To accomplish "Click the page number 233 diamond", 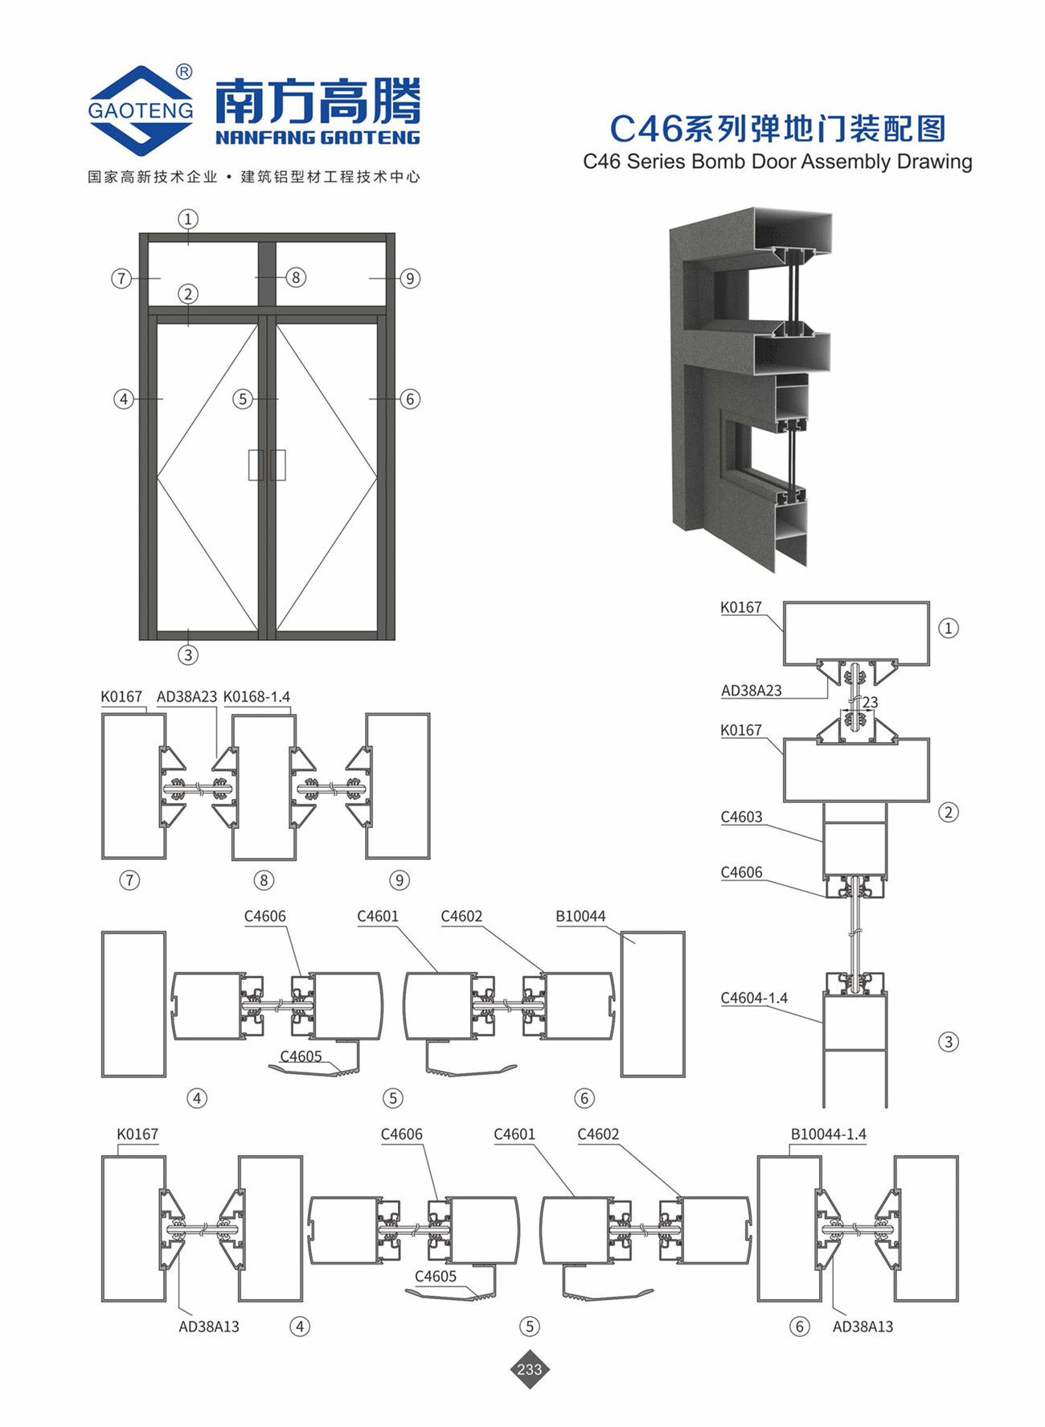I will pyautogui.click(x=530, y=1368).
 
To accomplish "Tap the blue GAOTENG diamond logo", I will pyautogui.click(x=141, y=110).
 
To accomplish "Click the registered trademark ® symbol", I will pyautogui.click(x=184, y=72).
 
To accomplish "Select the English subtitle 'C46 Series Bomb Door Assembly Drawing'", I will pyautogui.click(x=777, y=162).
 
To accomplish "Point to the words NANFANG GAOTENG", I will pyautogui.click(x=318, y=137).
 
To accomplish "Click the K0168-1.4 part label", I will pyautogui.click(x=256, y=697).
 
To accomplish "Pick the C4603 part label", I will pyautogui.click(x=741, y=817).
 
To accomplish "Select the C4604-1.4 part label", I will pyautogui.click(x=754, y=998).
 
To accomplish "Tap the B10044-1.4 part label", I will pyautogui.click(x=828, y=1134).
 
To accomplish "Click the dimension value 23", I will pyautogui.click(x=870, y=703).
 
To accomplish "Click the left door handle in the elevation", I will pyautogui.click(x=256, y=465).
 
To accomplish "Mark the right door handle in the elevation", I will pyautogui.click(x=278, y=465).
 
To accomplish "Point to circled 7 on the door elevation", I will pyautogui.click(x=121, y=278).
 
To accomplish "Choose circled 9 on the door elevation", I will pyautogui.click(x=410, y=278).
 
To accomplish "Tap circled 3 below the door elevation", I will pyautogui.click(x=188, y=654).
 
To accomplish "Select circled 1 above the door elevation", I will pyautogui.click(x=188, y=219).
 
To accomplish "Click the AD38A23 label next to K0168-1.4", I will pyautogui.click(x=186, y=697).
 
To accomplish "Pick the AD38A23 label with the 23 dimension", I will pyautogui.click(x=751, y=691).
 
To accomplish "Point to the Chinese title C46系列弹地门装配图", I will pyautogui.click(x=777, y=129).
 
